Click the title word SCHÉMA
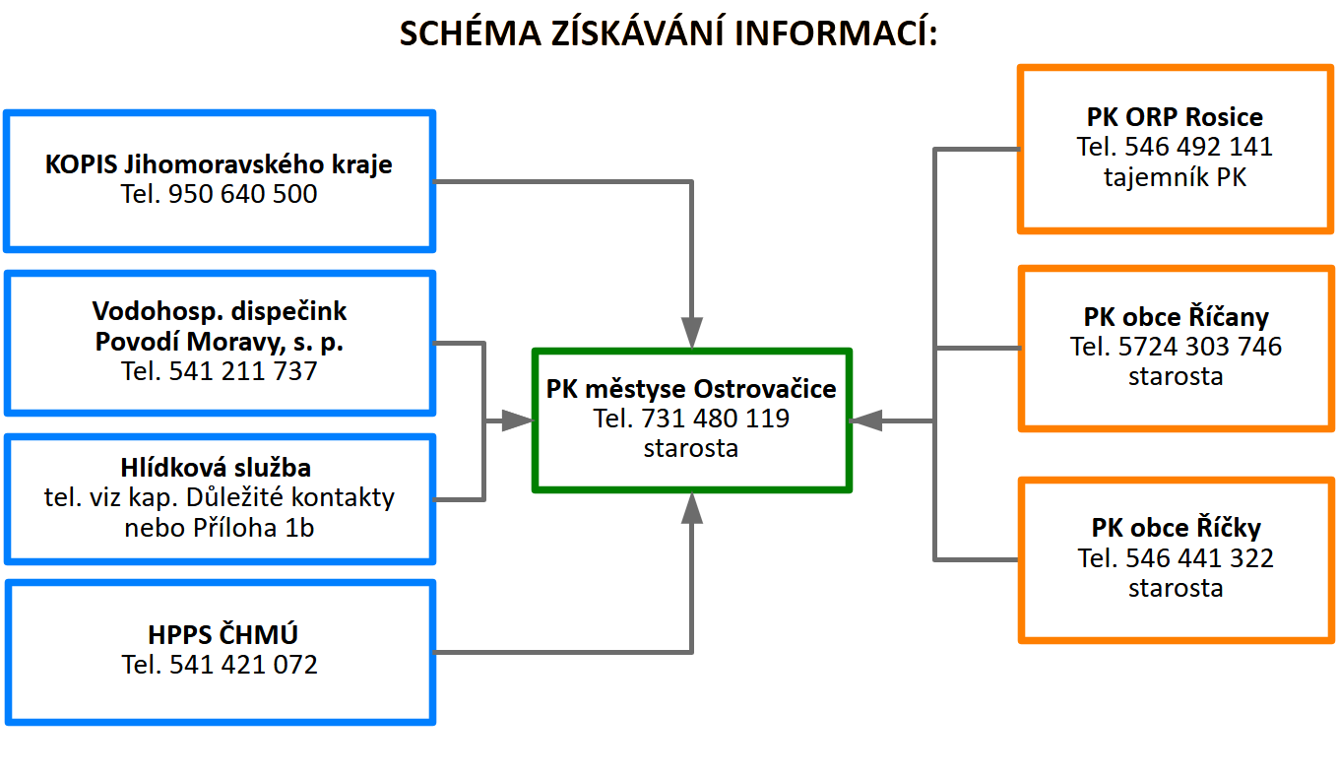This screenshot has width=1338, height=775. pos(470,32)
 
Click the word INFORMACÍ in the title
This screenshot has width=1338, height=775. pos(836,32)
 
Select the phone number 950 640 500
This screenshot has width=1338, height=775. pos(242,194)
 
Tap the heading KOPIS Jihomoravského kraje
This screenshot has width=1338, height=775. pos(219,164)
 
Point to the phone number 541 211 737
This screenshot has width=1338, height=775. pos(243,371)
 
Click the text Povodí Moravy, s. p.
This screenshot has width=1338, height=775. pos(220,342)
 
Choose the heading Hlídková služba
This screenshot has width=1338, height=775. pos(216,468)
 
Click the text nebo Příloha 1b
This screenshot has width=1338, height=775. pos(219,528)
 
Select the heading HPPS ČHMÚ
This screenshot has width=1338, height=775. pos(223,633)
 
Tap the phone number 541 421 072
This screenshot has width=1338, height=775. pos(243,665)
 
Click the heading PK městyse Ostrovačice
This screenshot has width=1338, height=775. pos(691,389)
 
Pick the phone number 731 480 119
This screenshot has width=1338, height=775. pos(715,419)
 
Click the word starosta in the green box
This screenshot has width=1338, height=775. pos(690,448)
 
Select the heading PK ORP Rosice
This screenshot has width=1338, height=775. pos(1175,117)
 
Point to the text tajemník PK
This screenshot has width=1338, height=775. pos(1175,177)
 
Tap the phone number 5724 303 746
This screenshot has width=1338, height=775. pos(1199,347)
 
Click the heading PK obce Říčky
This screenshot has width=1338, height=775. pos(1177,528)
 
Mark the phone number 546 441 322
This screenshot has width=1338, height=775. pos(1199,558)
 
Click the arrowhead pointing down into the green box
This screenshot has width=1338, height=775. pos(692,332)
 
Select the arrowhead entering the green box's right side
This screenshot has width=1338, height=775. pos(866,420)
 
